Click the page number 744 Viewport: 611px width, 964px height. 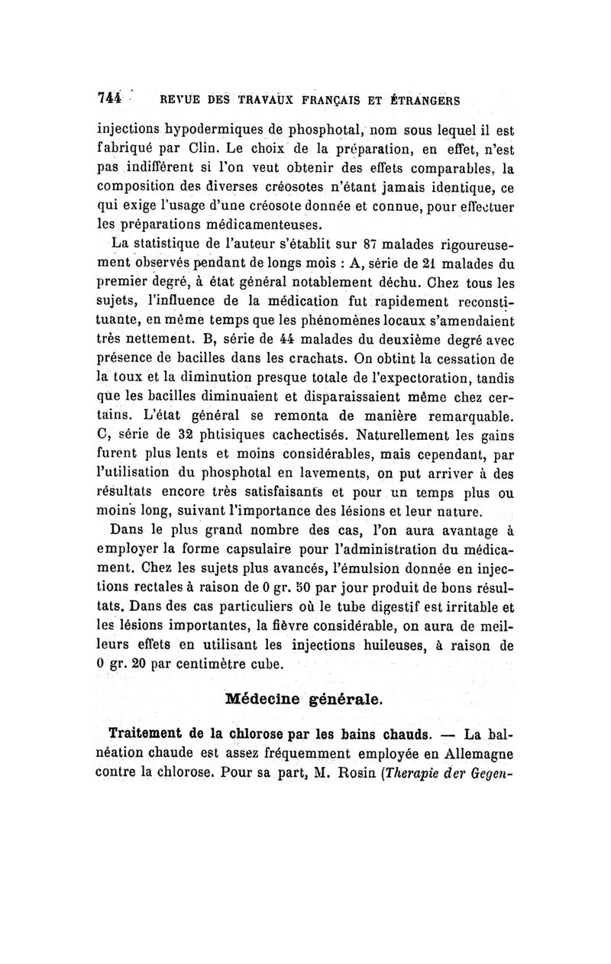(x=110, y=99)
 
